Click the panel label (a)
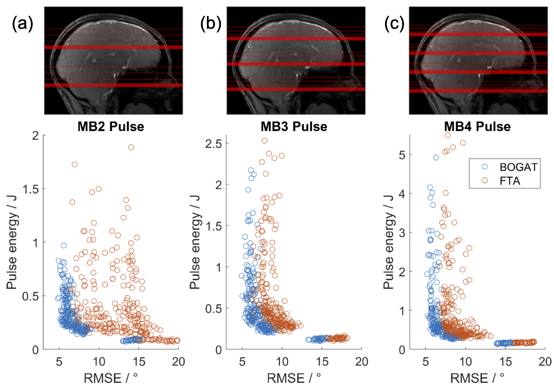coord(22,24)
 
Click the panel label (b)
coord(210,24)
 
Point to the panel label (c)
coord(394,24)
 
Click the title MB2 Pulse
coord(111,126)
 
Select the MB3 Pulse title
coord(294,126)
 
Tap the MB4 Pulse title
coord(477,126)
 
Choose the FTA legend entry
coord(510,181)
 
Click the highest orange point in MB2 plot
coord(131,147)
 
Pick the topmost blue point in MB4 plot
coord(436,157)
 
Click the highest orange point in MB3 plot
coord(265,141)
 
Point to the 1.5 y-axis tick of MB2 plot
coord(31,189)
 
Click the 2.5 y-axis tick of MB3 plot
coord(214,143)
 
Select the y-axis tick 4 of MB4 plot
coord(402,194)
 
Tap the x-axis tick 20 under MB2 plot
coord(178,361)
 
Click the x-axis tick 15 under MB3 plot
coord(322,361)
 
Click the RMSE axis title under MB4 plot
coord(477,378)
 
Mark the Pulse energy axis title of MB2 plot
coord(12,242)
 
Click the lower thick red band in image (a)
coord(113,85)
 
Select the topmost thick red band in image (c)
coord(478,34)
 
